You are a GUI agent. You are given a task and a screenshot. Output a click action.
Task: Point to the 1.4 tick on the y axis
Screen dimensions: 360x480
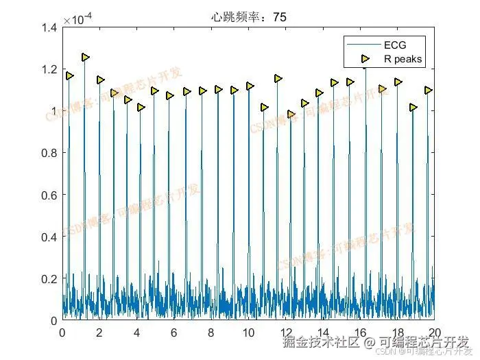point(49,27)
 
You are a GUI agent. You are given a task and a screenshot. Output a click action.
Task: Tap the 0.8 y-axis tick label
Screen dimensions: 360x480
point(49,153)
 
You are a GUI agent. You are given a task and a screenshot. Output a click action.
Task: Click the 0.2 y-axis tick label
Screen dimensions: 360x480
point(49,278)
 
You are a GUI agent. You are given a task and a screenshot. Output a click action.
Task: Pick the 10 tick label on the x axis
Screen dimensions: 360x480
point(248,333)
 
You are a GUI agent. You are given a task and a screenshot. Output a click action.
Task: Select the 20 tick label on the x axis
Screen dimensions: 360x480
point(434,333)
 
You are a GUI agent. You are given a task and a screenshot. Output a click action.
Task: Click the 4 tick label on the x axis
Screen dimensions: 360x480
point(136,333)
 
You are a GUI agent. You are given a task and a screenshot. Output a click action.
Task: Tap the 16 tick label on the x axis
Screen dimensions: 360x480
point(359,333)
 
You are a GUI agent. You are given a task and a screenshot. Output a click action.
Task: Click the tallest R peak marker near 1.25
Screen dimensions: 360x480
point(86,58)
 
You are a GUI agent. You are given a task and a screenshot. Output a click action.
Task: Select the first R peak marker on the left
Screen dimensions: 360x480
point(69,76)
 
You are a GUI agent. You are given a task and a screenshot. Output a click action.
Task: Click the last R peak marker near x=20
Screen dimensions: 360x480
point(429,91)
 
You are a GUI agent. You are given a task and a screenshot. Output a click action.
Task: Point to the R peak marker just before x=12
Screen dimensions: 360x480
point(278,79)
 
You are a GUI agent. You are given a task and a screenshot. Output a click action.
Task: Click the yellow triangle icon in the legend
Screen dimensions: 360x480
point(365,59)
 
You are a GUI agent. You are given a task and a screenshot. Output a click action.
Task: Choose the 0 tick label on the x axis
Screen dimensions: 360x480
point(62,333)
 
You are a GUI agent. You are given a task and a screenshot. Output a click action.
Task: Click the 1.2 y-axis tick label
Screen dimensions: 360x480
point(49,69)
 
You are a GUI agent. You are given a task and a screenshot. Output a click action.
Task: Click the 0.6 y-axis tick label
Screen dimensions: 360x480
point(49,195)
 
